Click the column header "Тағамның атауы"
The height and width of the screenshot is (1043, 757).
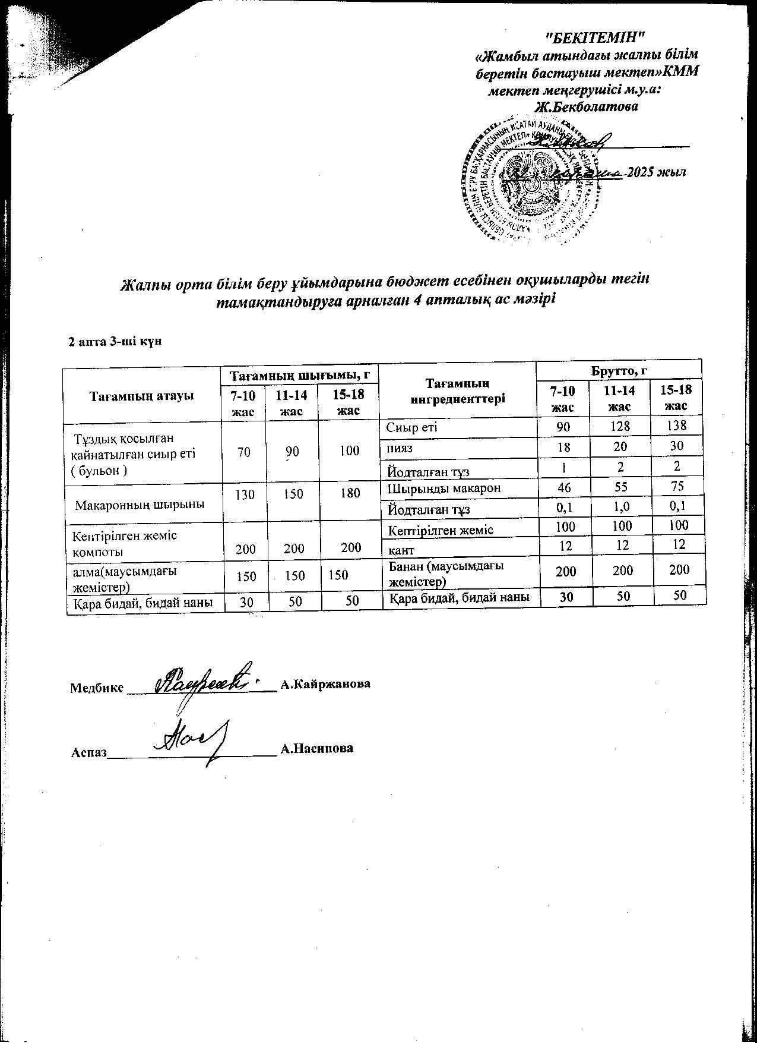pos(142,395)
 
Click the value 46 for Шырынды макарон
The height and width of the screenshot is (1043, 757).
pos(565,487)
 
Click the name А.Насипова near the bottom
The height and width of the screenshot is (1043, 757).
pos(318,748)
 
